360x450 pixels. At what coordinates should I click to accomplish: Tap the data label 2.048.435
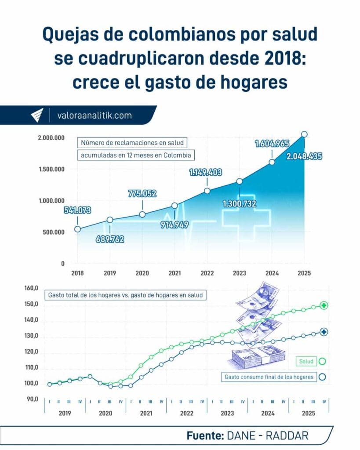304,156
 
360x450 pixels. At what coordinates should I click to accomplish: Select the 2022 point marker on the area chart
207,191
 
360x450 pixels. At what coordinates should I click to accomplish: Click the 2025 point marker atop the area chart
304,134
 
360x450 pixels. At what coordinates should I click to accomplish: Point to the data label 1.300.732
239,203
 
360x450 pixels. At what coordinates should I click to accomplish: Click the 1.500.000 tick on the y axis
51,170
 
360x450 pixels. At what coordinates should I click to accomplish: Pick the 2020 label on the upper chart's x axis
142,273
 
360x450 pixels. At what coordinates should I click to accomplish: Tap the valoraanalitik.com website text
94,116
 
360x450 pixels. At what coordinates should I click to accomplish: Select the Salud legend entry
306,361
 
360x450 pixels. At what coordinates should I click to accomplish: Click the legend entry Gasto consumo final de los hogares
269,377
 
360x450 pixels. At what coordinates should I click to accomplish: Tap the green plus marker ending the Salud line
324,305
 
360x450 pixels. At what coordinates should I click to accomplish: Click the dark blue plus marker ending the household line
324,332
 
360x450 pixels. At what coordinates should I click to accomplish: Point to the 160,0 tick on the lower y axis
32,289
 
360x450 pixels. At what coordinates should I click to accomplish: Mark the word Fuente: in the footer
205,435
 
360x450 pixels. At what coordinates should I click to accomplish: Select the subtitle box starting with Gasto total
125,295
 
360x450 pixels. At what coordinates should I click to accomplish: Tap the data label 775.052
142,193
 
